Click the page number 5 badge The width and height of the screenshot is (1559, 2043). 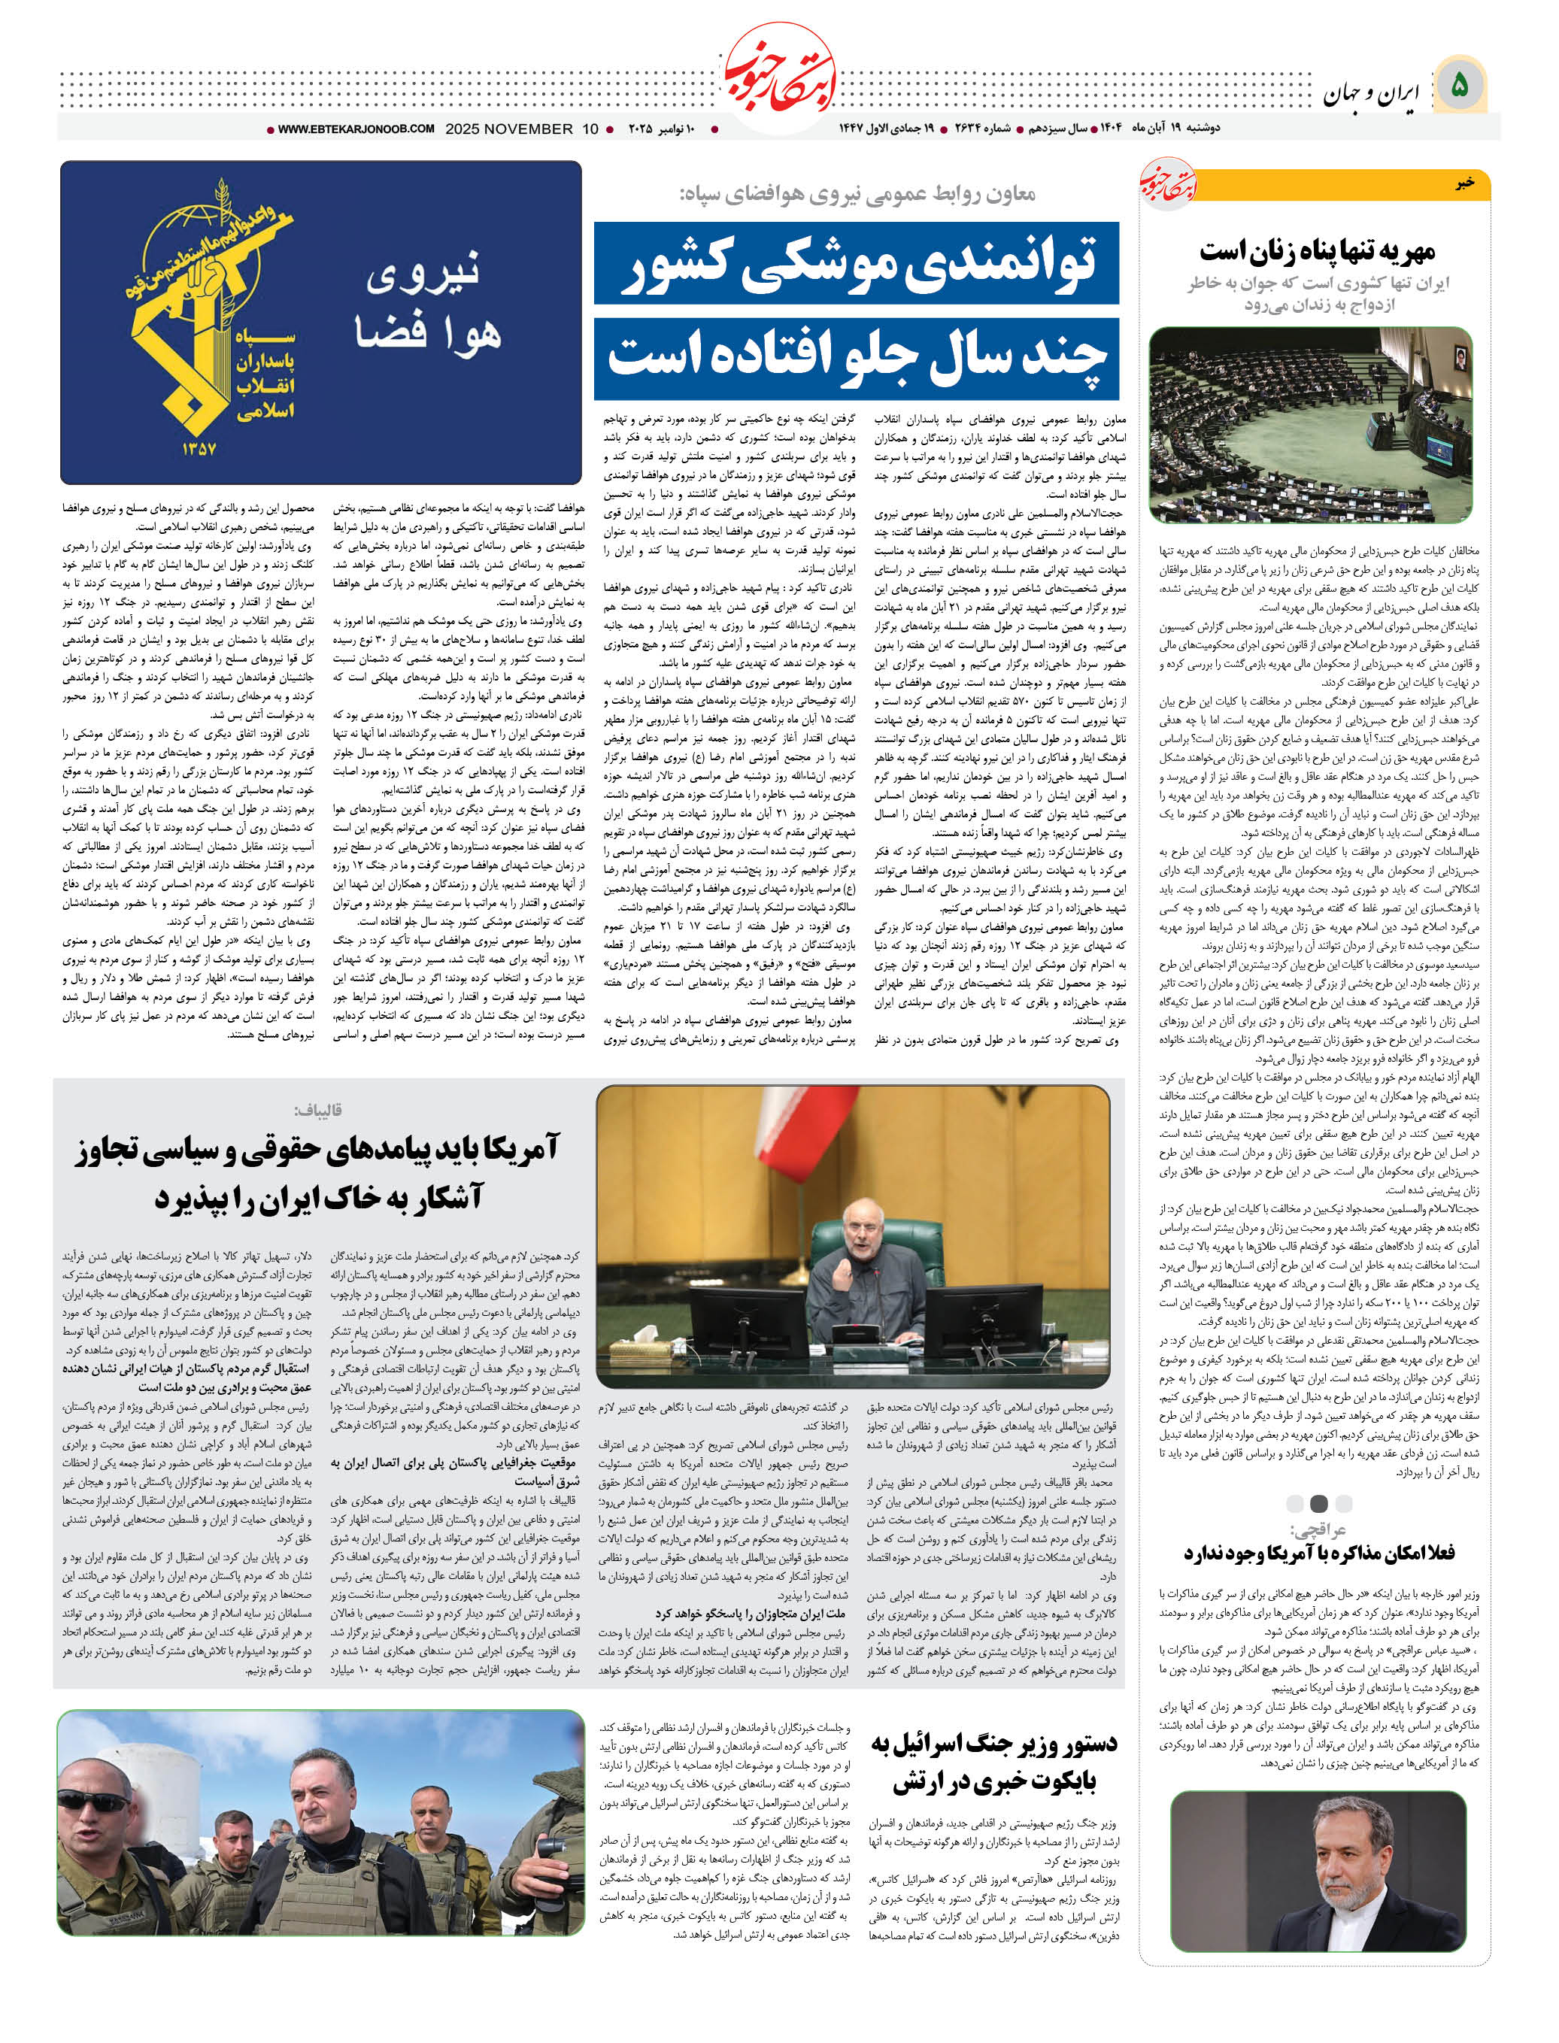tap(1459, 86)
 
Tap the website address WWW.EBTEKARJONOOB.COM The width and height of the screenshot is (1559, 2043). tap(356, 129)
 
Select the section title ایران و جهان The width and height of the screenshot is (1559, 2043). tap(1371, 92)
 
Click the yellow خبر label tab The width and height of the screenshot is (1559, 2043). tap(1463, 183)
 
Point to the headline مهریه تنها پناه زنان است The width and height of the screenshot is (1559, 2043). tap(1317, 250)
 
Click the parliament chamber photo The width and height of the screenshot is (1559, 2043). tap(1310, 424)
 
